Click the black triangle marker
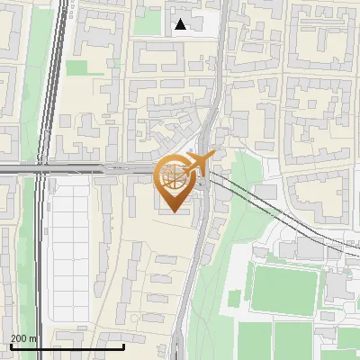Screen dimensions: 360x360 (x=181, y=24)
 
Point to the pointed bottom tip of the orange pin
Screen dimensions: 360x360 (x=173, y=211)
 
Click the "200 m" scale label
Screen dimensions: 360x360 (x=24, y=338)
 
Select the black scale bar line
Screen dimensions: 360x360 (x=67, y=346)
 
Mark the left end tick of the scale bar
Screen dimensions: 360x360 (x=10, y=344)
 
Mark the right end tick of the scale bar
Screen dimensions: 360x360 (x=124, y=344)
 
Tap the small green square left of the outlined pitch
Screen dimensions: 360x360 (x=236, y=297)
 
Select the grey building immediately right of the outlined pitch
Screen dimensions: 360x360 (x=335, y=285)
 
